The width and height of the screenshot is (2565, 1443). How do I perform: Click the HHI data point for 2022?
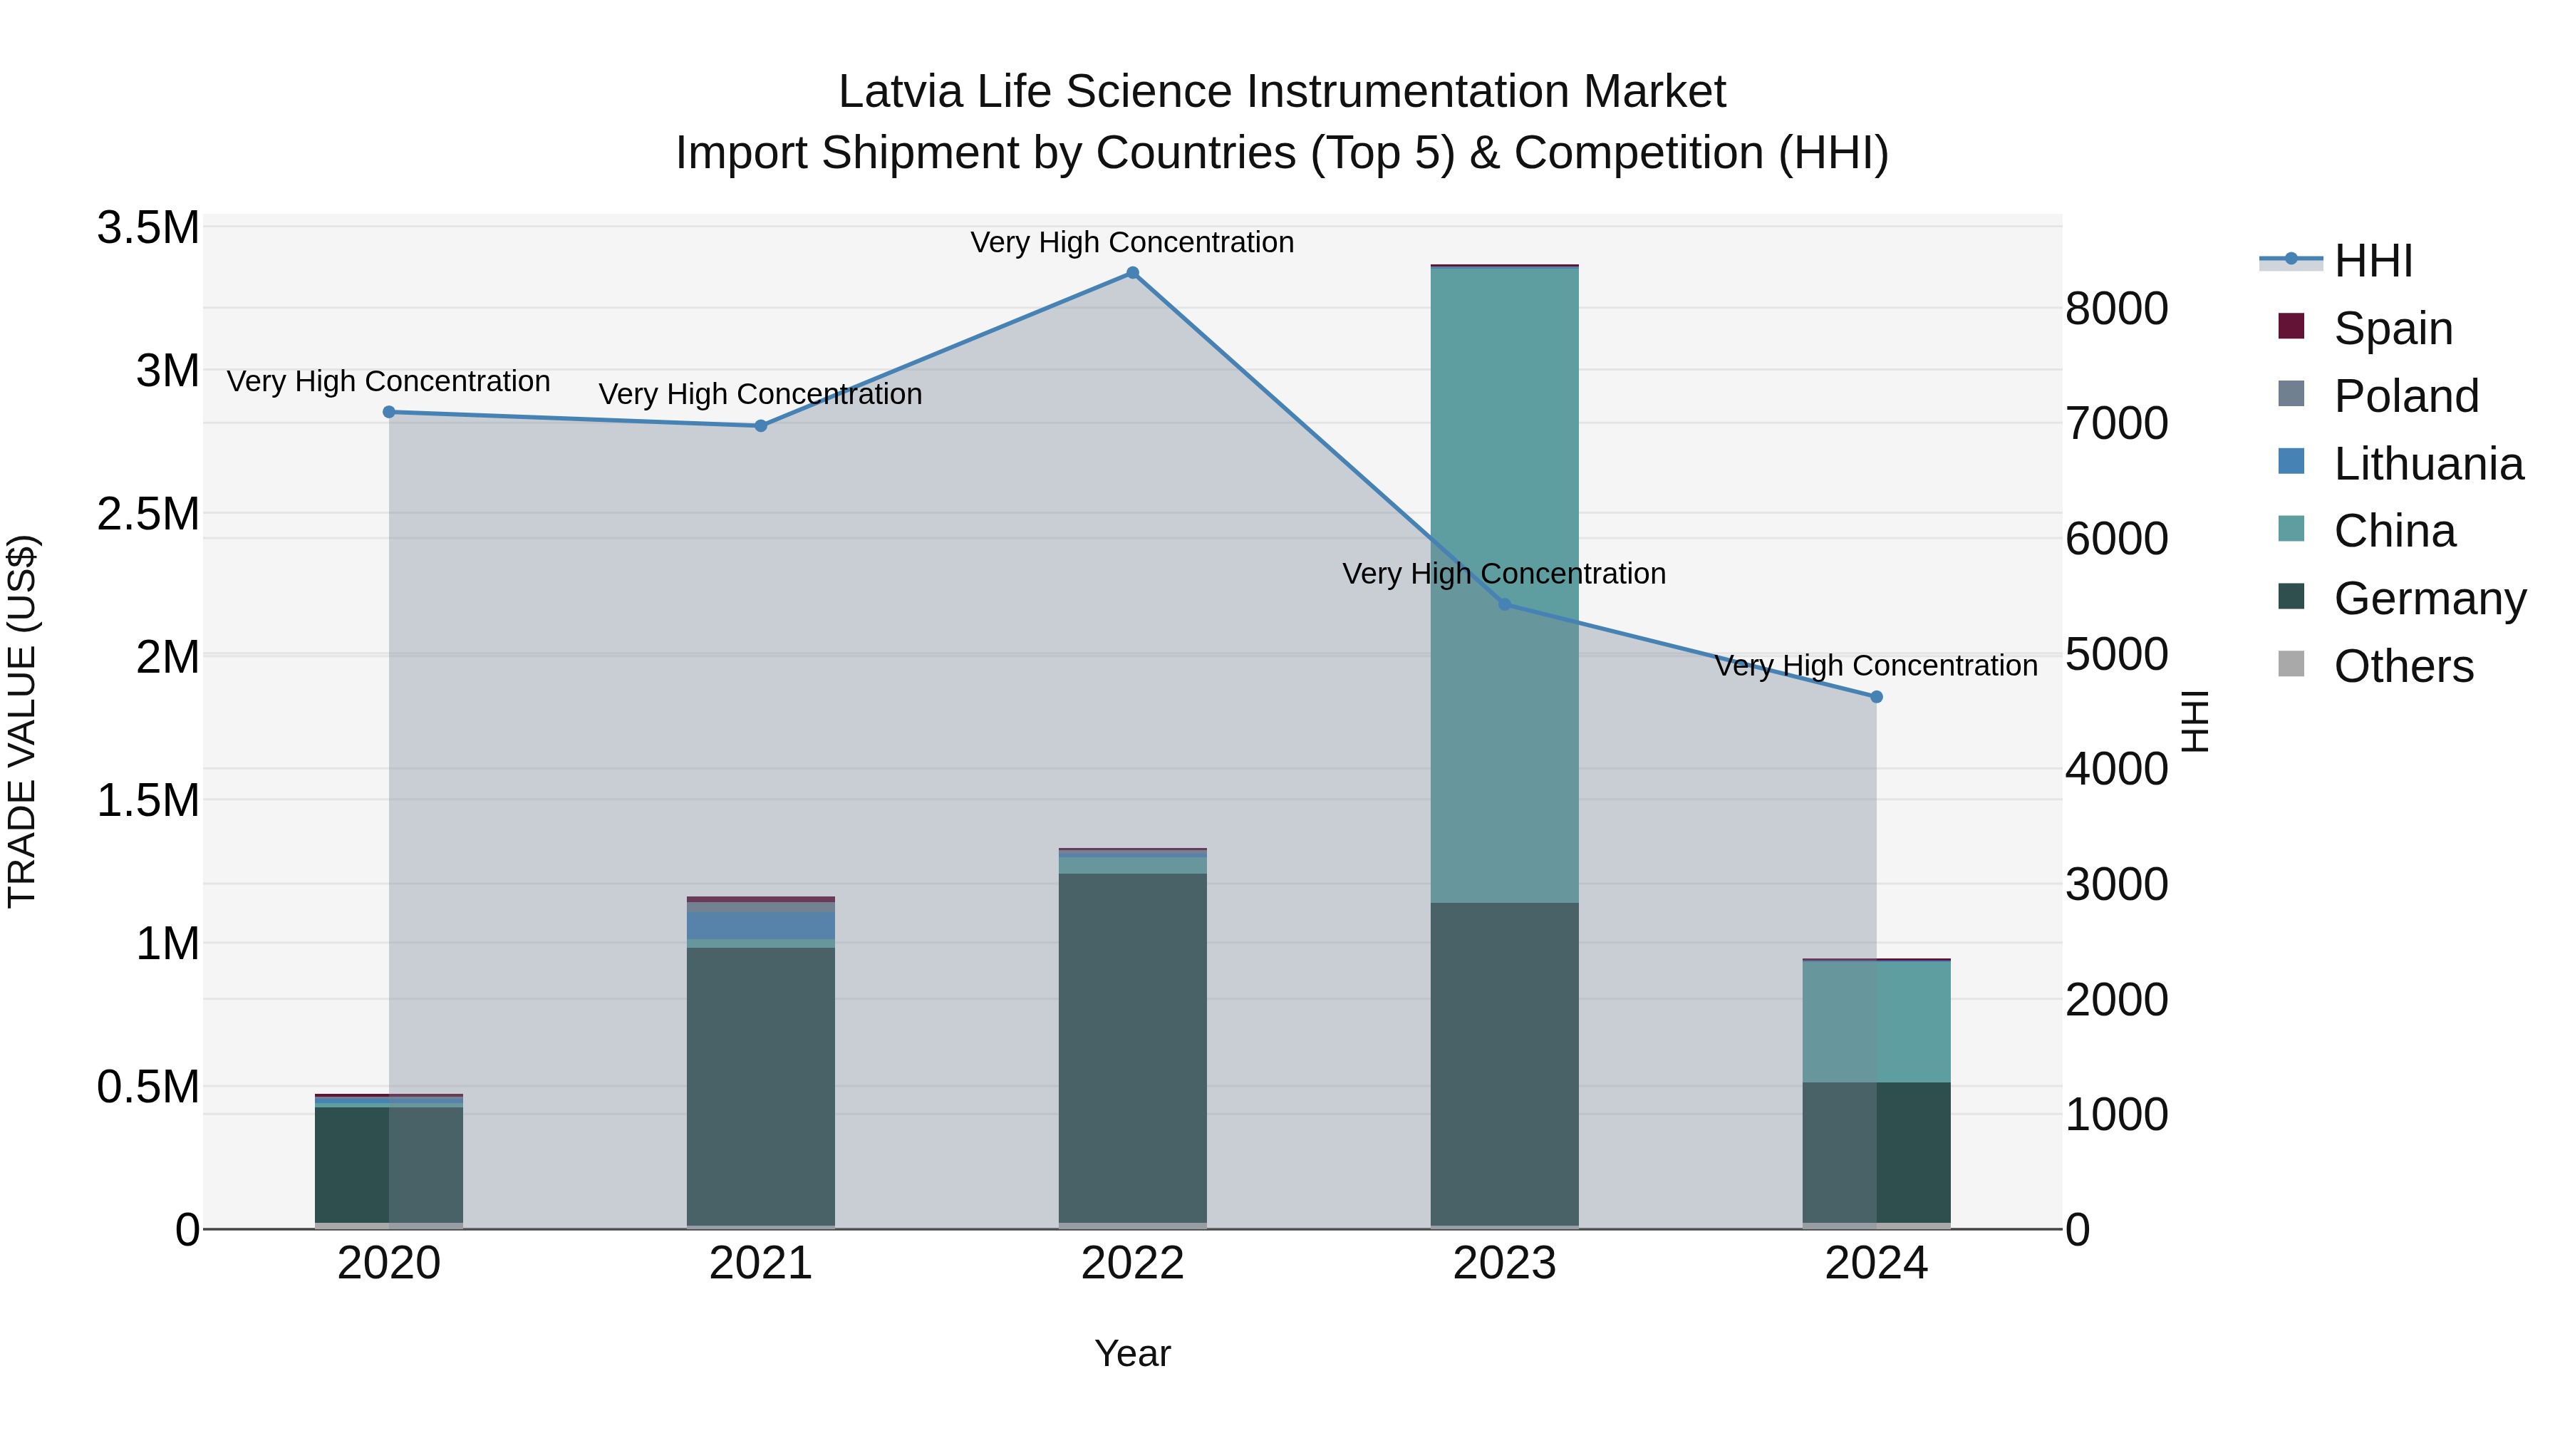tap(1132, 273)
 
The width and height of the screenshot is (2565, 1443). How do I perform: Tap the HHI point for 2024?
tap(1877, 697)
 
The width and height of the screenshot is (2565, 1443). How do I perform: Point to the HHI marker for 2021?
tap(761, 426)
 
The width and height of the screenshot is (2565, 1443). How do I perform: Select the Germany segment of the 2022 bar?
tap(1132, 1045)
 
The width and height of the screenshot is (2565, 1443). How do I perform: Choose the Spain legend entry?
tap(2392, 329)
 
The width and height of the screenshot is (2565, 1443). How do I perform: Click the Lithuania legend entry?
tap(2427, 464)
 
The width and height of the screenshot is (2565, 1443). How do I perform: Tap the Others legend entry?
tap(2403, 666)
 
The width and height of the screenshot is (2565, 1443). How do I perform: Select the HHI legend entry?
tap(2373, 261)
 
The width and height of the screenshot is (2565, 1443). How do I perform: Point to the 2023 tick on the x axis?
tap(1505, 1263)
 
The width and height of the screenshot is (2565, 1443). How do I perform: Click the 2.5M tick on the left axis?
tap(148, 514)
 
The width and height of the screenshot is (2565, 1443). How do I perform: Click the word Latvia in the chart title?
tap(900, 92)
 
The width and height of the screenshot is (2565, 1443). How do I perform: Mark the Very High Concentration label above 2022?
tap(1132, 242)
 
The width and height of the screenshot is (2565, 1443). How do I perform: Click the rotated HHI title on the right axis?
tap(2194, 721)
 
